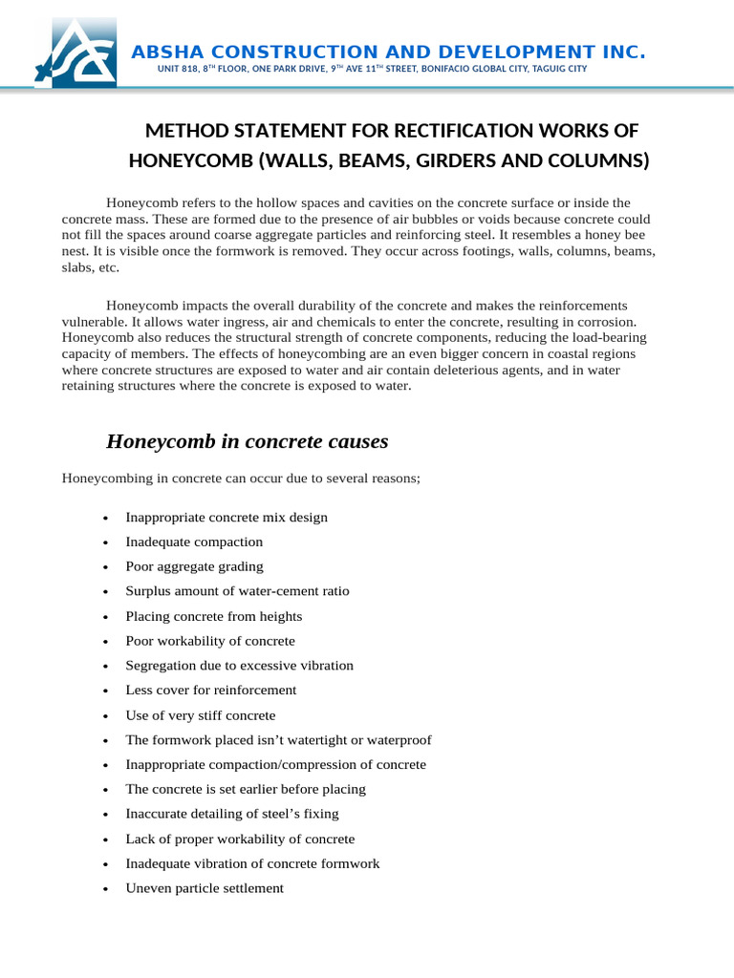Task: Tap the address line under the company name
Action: pyautogui.click(x=372, y=70)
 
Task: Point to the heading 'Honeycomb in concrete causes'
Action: pyautogui.click(x=247, y=441)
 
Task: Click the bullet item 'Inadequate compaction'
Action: pyautogui.click(x=194, y=542)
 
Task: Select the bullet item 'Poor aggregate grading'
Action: pyautogui.click(x=194, y=566)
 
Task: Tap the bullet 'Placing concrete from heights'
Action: pyautogui.click(x=213, y=616)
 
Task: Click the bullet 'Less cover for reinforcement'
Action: pyautogui.click(x=210, y=690)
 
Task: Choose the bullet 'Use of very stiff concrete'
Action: pyautogui.click(x=200, y=715)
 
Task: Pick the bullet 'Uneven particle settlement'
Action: pyautogui.click(x=205, y=888)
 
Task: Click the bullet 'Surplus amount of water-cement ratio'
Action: pyautogui.click(x=237, y=591)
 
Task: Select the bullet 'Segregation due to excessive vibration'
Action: pyautogui.click(x=239, y=666)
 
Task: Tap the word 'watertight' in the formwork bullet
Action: pyautogui.click(x=320, y=740)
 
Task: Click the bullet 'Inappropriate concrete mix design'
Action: pyautogui.click(x=227, y=517)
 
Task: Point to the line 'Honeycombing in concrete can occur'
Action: pyautogui.click(x=241, y=478)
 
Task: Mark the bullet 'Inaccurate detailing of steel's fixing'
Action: pyautogui.click(x=232, y=814)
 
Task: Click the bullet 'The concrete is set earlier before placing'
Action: pyautogui.click(x=246, y=789)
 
